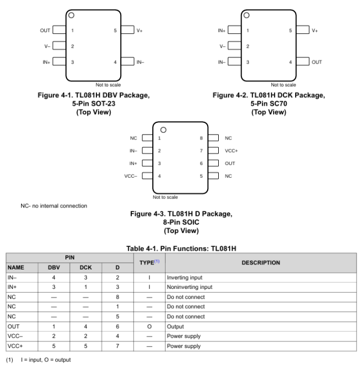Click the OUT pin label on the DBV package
45,30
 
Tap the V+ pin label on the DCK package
315,30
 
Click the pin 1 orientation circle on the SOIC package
163,129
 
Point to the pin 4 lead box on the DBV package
127,62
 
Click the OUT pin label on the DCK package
316,62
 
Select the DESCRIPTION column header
260,262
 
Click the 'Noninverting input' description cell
189,287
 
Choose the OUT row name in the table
13,326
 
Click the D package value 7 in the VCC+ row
117,346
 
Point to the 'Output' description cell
176,326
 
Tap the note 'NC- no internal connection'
54,206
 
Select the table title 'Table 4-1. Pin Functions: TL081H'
181,248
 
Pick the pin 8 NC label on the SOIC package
228,138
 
